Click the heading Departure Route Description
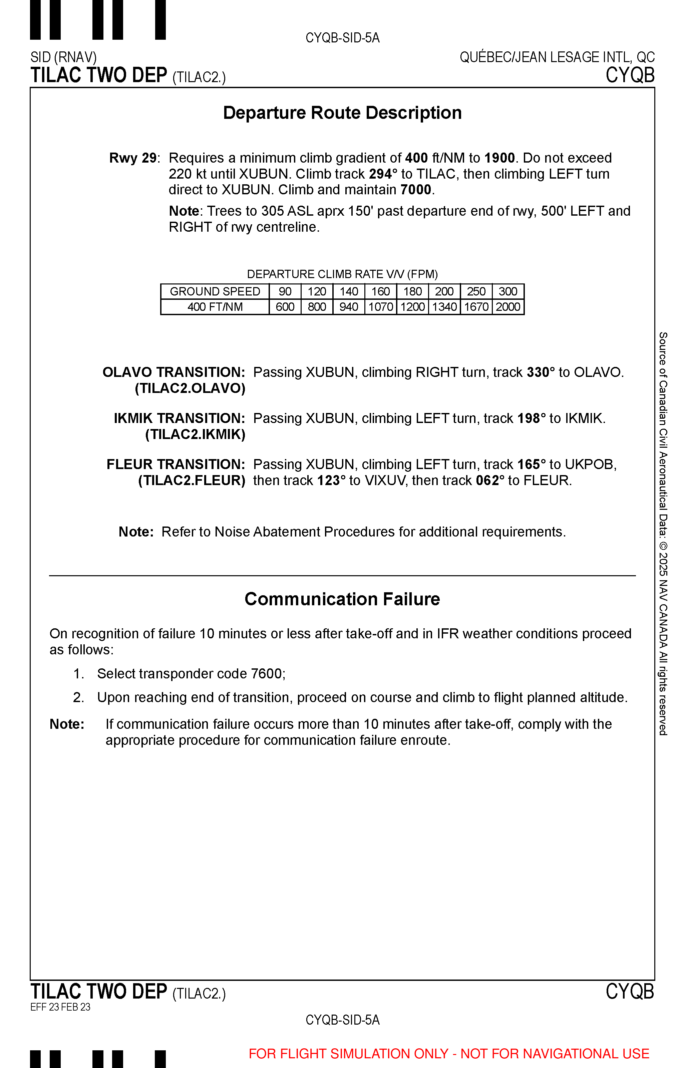[x=342, y=113]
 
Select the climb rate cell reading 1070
[x=381, y=307]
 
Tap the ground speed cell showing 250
[x=476, y=291]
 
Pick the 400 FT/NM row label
[x=215, y=307]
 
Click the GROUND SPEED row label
[x=215, y=291]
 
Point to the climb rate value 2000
[x=508, y=307]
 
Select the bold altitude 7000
[x=415, y=190]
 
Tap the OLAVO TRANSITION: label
[x=174, y=373]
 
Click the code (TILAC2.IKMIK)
[x=195, y=434]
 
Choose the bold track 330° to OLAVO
[x=541, y=373]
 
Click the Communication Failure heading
[x=342, y=599]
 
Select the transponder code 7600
[x=266, y=674]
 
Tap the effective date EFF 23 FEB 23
[x=60, y=1007]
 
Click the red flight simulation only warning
[x=449, y=1054]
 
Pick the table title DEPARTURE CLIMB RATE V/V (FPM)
[x=342, y=274]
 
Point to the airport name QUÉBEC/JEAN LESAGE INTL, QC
[x=557, y=57]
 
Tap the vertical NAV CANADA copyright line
[x=663, y=534]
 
